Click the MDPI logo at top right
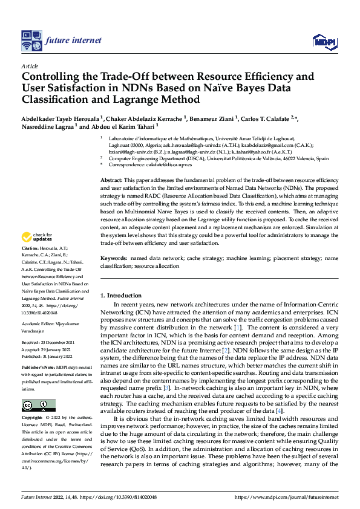322,41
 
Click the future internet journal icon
30,41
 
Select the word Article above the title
29,66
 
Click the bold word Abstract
111,181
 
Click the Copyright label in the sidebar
32,418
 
